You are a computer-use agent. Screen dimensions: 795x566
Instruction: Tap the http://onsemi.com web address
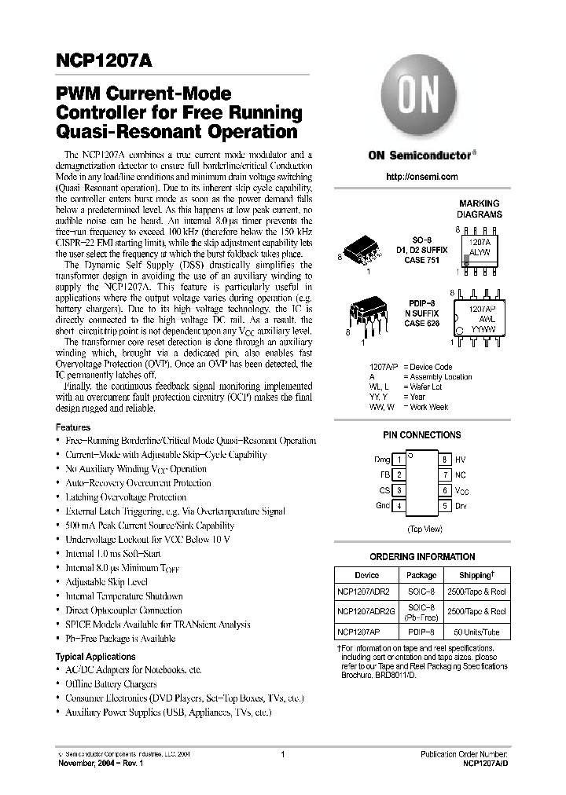[422, 177]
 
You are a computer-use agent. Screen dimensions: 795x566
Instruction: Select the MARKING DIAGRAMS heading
[480, 208]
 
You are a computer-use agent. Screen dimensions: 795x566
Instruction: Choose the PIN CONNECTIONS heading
[421, 434]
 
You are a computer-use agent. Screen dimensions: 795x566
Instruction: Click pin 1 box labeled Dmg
[399, 459]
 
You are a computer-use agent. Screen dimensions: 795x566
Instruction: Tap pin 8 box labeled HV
[444, 459]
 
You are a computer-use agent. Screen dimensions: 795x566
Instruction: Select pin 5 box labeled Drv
[444, 506]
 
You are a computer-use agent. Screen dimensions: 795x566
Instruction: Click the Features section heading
[72, 427]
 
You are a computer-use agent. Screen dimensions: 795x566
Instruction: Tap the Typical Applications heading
[95, 656]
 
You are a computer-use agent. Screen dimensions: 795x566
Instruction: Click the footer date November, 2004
[89, 762]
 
